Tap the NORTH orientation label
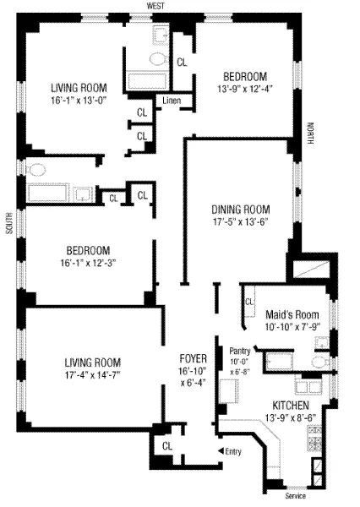tap(309, 133)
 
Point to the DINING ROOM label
tap(241, 210)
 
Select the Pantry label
tap(239, 348)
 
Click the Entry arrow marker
tap(221, 452)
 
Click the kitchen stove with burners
tap(314, 439)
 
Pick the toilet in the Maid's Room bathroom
tap(319, 363)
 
